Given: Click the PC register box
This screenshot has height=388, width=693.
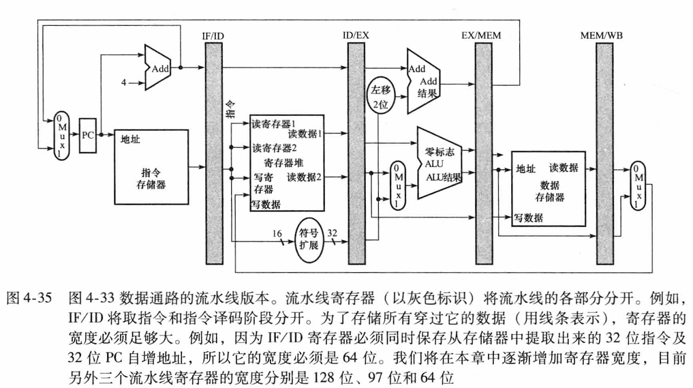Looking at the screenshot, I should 87,134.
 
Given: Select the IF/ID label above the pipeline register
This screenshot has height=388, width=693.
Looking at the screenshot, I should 215,34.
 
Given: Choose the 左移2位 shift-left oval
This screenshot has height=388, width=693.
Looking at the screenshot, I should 379,96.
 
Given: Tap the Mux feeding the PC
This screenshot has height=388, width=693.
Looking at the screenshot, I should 61,135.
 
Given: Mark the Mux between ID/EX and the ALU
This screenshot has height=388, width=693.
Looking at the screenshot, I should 396,185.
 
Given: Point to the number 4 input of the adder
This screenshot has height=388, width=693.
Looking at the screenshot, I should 124,83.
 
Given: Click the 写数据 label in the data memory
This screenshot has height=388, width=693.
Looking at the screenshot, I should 529,218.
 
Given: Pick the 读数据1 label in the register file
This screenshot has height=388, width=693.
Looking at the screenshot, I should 305,134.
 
